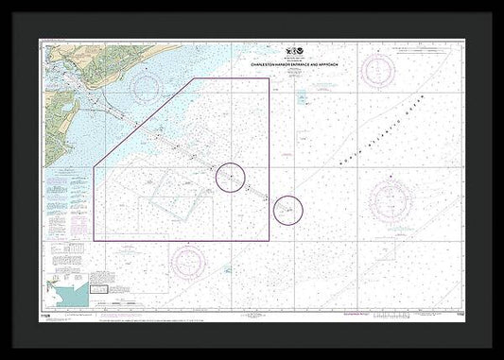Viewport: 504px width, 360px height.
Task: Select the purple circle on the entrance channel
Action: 231,177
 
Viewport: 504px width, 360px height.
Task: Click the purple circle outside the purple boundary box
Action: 287,209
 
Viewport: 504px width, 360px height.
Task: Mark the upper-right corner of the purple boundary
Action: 269,79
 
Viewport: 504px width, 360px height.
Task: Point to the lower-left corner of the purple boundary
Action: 95,239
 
